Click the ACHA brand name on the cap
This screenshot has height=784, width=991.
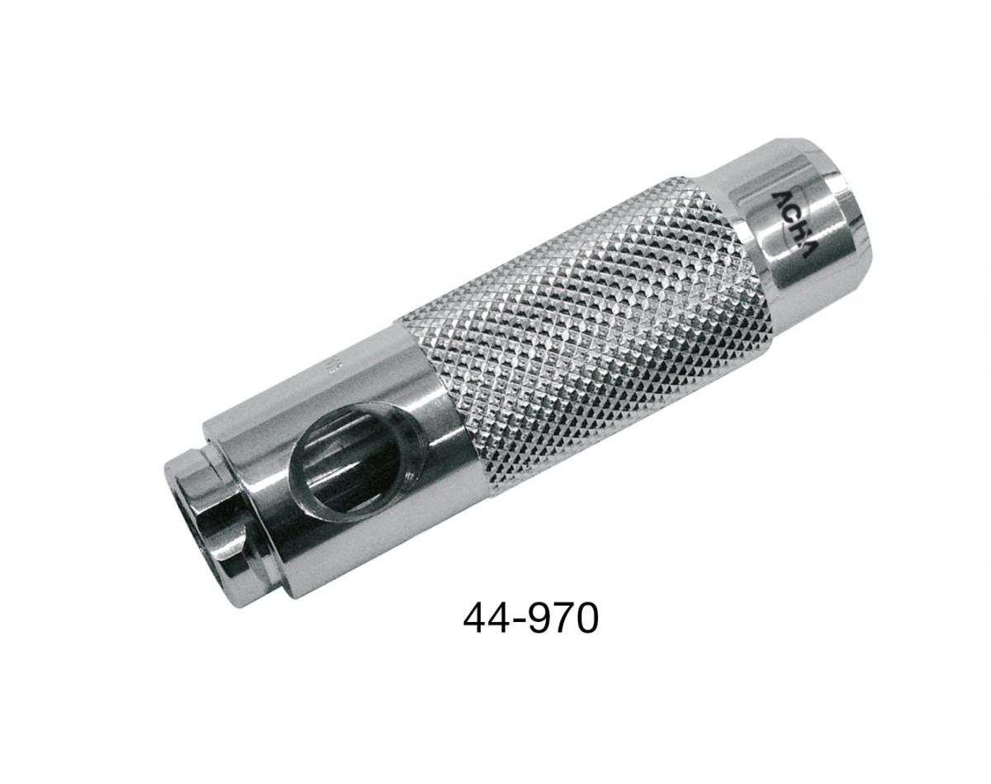793,225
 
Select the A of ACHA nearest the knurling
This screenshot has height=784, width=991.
780,198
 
